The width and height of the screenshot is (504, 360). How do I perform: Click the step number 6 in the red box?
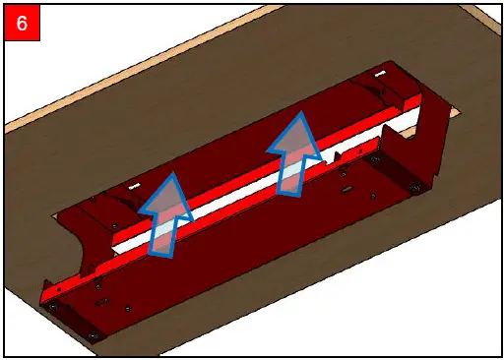22,22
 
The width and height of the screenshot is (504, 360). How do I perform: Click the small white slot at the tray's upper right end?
379,75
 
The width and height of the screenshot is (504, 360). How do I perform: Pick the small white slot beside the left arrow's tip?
134,184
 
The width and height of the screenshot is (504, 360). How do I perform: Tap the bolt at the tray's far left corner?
52,307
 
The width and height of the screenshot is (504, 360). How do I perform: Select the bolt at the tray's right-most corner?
414,187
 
